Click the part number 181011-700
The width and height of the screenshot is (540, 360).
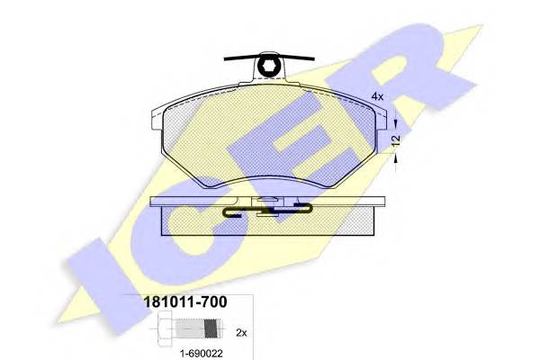[x=184, y=302]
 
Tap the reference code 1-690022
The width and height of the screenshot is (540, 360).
[x=201, y=354]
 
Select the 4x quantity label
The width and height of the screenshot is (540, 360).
[x=377, y=96]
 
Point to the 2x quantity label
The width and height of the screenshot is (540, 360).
[x=241, y=333]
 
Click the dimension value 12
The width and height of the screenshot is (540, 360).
[x=396, y=139]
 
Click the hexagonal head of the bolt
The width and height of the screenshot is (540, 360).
[x=166, y=329]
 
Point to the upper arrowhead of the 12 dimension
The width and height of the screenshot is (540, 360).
[x=396, y=123]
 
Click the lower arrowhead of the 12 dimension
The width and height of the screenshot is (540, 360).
[x=396, y=158]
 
